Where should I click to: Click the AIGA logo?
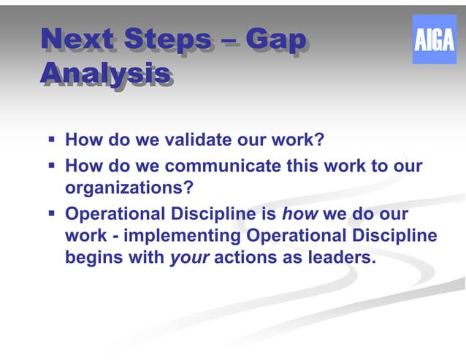(x=434, y=39)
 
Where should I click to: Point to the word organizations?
(x=129, y=189)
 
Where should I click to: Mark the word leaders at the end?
(x=345, y=258)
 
